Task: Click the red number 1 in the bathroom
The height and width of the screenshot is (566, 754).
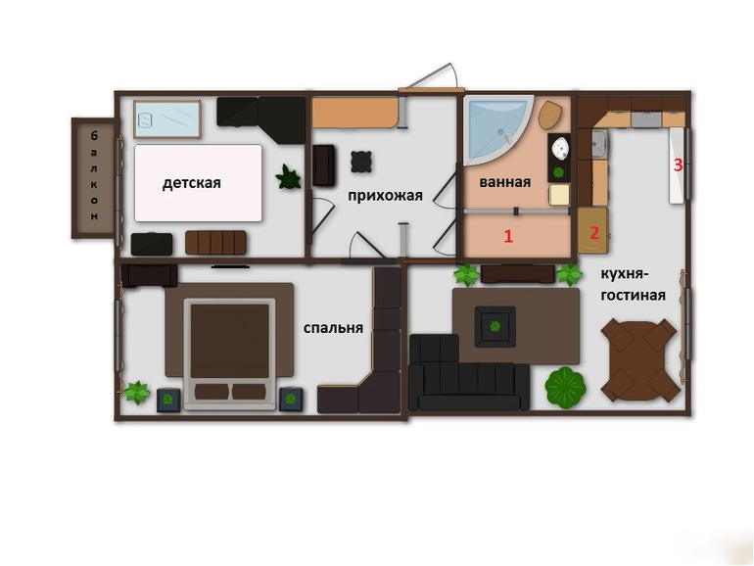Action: coord(508,236)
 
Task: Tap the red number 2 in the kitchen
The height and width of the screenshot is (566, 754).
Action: coord(594,233)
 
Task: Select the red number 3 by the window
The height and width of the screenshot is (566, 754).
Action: coord(678,165)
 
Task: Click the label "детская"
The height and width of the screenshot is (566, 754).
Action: coord(191,183)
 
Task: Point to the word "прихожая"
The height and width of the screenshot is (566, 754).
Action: coord(385,196)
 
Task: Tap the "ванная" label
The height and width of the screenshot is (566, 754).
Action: coord(505,182)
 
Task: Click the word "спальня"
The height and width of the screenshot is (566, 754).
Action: coord(333,328)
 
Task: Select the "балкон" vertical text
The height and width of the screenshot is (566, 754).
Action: coord(94,176)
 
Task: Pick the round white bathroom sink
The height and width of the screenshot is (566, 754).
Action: coord(560,148)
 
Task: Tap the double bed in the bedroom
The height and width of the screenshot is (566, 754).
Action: coord(230,354)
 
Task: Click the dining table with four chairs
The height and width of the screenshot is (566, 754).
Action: coord(641,359)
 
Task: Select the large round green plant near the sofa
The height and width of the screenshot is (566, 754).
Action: coord(566,388)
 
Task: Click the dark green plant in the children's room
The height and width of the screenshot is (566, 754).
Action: coord(289,177)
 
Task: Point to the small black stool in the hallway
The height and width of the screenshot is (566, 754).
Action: coord(361,162)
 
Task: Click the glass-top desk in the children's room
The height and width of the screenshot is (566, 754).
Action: coord(166,119)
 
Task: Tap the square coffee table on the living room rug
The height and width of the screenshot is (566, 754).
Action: coord(495,326)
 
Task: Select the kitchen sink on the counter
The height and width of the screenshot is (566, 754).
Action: coord(599,145)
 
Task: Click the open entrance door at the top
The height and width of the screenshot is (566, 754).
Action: coord(431,78)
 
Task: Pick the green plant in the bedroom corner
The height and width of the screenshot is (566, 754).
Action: coord(137,393)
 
